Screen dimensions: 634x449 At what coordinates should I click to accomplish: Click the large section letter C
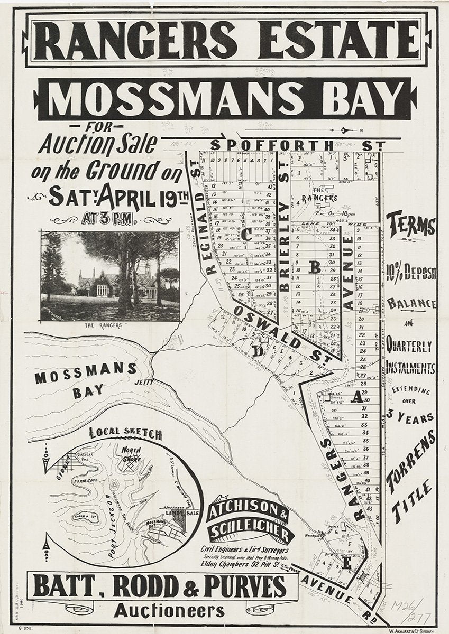pos(247,236)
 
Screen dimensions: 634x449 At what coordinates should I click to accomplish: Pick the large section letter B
pos(314,268)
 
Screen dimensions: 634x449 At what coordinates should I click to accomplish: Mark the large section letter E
pos(346,564)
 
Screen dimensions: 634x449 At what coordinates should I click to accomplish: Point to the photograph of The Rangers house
pos(110,276)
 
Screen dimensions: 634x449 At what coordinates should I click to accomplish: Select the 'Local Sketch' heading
pos(125,433)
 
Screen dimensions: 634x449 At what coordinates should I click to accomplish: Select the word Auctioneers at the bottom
pos(164,612)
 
